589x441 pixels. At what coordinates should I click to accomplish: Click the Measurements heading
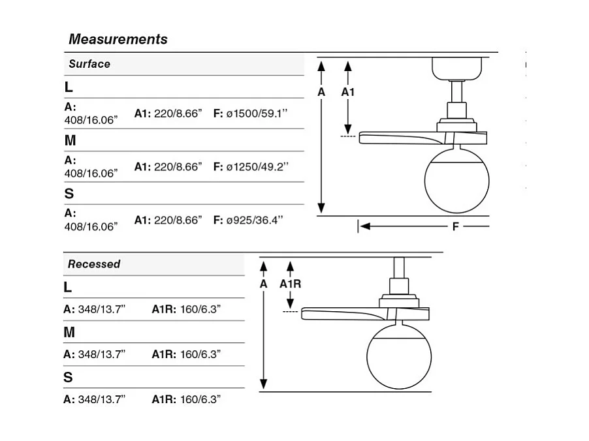point(118,39)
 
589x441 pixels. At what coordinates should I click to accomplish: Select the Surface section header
point(89,64)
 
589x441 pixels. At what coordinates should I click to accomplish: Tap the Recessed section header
point(94,264)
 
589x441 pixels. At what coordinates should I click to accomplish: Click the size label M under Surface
point(71,140)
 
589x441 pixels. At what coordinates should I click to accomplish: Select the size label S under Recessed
point(68,377)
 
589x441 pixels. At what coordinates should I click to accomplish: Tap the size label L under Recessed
point(68,287)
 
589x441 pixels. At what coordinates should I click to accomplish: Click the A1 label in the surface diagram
point(348,92)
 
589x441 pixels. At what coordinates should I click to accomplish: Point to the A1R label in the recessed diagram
point(291,284)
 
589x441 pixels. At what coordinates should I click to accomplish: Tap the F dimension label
point(455,226)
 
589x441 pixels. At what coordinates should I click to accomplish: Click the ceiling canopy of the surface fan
point(457,68)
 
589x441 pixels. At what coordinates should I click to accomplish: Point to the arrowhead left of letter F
point(365,226)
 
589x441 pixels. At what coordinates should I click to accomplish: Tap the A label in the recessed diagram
point(264,284)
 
